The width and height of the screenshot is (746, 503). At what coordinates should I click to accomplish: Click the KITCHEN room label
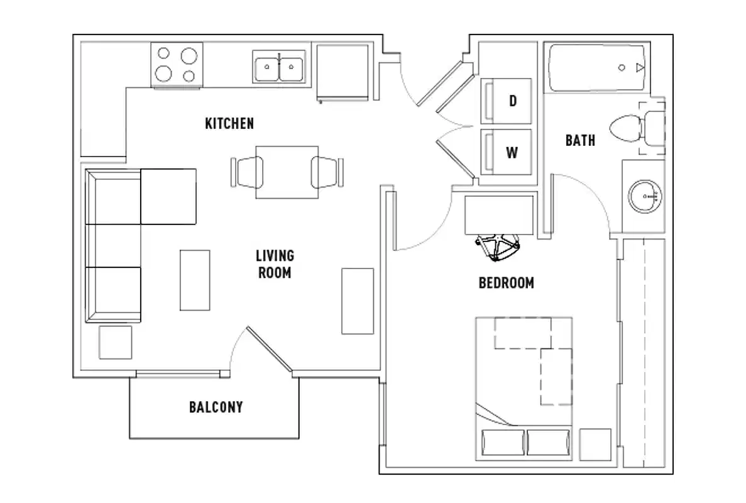(x=229, y=123)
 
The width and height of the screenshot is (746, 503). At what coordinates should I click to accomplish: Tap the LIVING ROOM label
(x=275, y=264)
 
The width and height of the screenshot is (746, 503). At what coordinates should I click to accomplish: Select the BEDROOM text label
(x=506, y=283)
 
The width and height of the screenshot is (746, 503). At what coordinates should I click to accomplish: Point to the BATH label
(x=579, y=140)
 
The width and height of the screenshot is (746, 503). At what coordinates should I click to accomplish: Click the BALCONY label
(x=216, y=407)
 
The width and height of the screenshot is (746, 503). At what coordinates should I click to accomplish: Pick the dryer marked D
(x=507, y=101)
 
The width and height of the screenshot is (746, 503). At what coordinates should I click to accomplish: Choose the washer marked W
(x=507, y=152)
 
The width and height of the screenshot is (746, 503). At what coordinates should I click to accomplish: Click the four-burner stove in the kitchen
(x=177, y=65)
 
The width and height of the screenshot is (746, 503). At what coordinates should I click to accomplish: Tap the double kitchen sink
(x=280, y=66)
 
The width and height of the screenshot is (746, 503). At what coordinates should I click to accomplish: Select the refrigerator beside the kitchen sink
(x=343, y=72)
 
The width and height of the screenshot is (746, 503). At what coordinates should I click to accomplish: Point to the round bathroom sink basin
(x=645, y=196)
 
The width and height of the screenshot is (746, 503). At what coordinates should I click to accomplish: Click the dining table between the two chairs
(x=287, y=172)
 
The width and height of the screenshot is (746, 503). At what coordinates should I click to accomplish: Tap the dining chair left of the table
(x=248, y=171)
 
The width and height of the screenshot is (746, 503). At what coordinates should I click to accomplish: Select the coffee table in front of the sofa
(x=195, y=280)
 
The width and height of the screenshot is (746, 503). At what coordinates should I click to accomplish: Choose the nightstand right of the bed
(x=595, y=445)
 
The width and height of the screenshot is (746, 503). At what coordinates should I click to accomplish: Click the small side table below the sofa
(x=115, y=342)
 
